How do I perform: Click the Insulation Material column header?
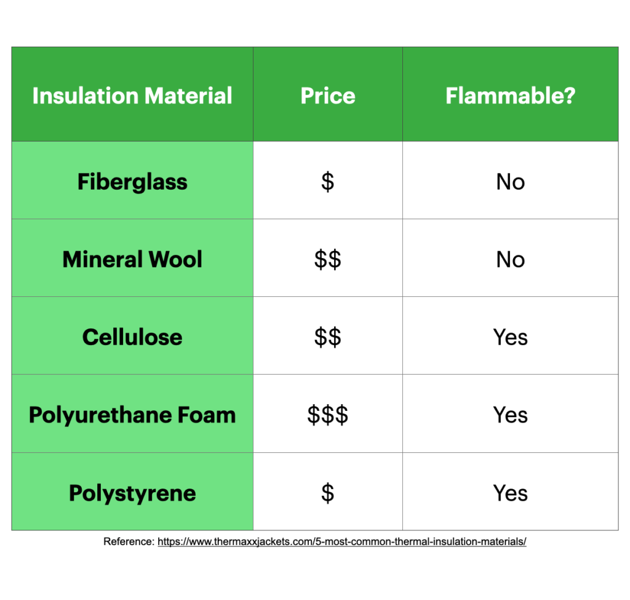(132, 95)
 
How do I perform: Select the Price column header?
(328, 95)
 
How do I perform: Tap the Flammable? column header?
(510, 95)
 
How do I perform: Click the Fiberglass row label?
(132, 182)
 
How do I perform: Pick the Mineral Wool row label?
(132, 259)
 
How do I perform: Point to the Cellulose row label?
(132, 337)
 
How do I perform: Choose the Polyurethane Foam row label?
(132, 415)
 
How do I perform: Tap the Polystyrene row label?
(132, 493)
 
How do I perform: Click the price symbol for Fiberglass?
(327, 182)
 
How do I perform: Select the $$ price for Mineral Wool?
(327, 259)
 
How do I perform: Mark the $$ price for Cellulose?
(327, 337)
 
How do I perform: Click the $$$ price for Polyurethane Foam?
(327, 415)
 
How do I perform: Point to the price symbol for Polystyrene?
(327, 493)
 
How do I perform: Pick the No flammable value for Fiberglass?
(510, 182)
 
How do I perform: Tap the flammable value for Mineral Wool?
(510, 259)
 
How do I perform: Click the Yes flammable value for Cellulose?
(510, 337)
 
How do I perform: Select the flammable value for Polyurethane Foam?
(510, 415)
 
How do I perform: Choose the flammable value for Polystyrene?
(510, 493)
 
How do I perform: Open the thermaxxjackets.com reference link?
(342, 541)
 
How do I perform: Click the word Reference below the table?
(129, 541)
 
